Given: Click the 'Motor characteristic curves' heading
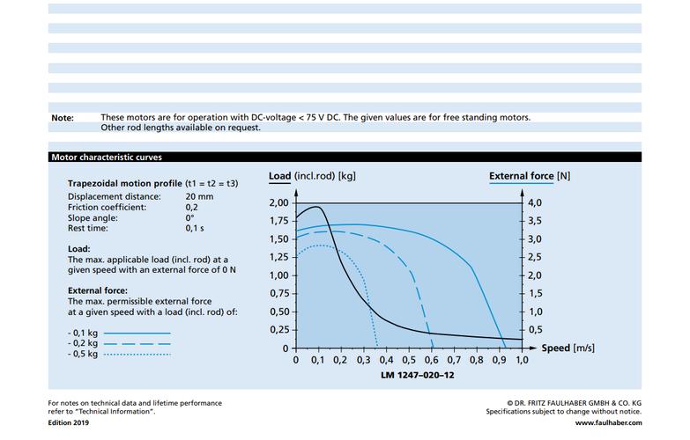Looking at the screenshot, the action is pyautogui.click(x=107, y=158).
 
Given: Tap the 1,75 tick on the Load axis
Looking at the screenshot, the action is pyautogui.click(x=279, y=221).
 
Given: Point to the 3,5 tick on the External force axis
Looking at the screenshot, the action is pyautogui.click(x=535, y=221).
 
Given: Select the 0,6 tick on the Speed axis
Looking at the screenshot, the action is pyautogui.click(x=432, y=360).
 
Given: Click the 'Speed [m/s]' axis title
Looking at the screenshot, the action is pyautogui.click(x=568, y=348).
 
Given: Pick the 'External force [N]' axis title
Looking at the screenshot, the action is pyautogui.click(x=530, y=176).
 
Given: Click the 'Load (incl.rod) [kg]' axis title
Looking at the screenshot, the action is pyautogui.click(x=312, y=176).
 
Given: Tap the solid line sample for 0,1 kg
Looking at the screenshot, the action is pyautogui.click(x=137, y=334).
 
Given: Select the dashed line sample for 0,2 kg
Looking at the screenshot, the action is pyautogui.click(x=137, y=344).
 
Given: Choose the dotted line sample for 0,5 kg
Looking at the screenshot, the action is pyautogui.click(x=137, y=355).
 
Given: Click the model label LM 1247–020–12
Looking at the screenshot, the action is pyautogui.click(x=417, y=376).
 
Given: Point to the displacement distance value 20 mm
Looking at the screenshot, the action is pyautogui.click(x=199, y=197).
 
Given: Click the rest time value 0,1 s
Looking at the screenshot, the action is pyautogui.click(x=195, y=229).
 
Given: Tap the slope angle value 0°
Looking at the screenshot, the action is pyautogui.click(x=189, y=218).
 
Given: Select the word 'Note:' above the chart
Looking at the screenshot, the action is pyautogui.click(x=63, y=118).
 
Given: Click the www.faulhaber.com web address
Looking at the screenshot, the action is pyautogui.click(x=608, y=423).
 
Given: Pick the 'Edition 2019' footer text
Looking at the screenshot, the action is pyautogui.click(x=68, y=423).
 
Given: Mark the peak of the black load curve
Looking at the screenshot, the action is pyautogui.click(x=316, y=207).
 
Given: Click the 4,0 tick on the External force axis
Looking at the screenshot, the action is pyautogui.click(x=535, y=203).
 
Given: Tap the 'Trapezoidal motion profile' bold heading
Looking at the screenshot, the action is pyautogui.click(x=125, y=184).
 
